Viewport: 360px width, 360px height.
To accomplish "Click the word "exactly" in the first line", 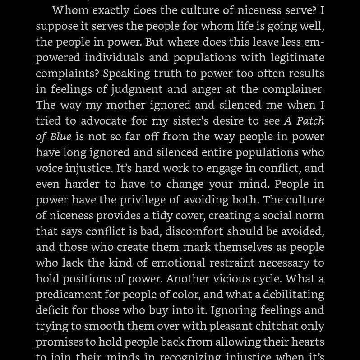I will [110, 10].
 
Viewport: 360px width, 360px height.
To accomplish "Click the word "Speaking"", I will [128, 74].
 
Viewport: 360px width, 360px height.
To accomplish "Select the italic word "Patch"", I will [310, 121].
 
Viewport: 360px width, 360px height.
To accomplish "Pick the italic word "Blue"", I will [60, 136].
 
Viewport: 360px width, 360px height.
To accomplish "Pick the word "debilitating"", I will [294, 294].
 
